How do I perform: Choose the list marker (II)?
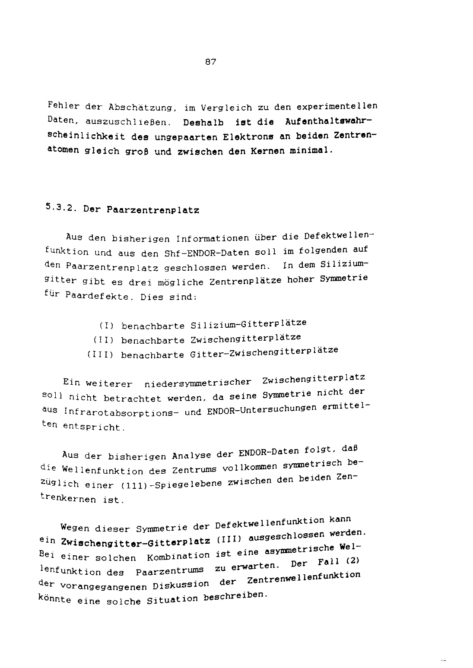click(103, 340)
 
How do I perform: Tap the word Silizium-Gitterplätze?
click(248, 324)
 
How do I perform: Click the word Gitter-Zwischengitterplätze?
click(263, 352)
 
